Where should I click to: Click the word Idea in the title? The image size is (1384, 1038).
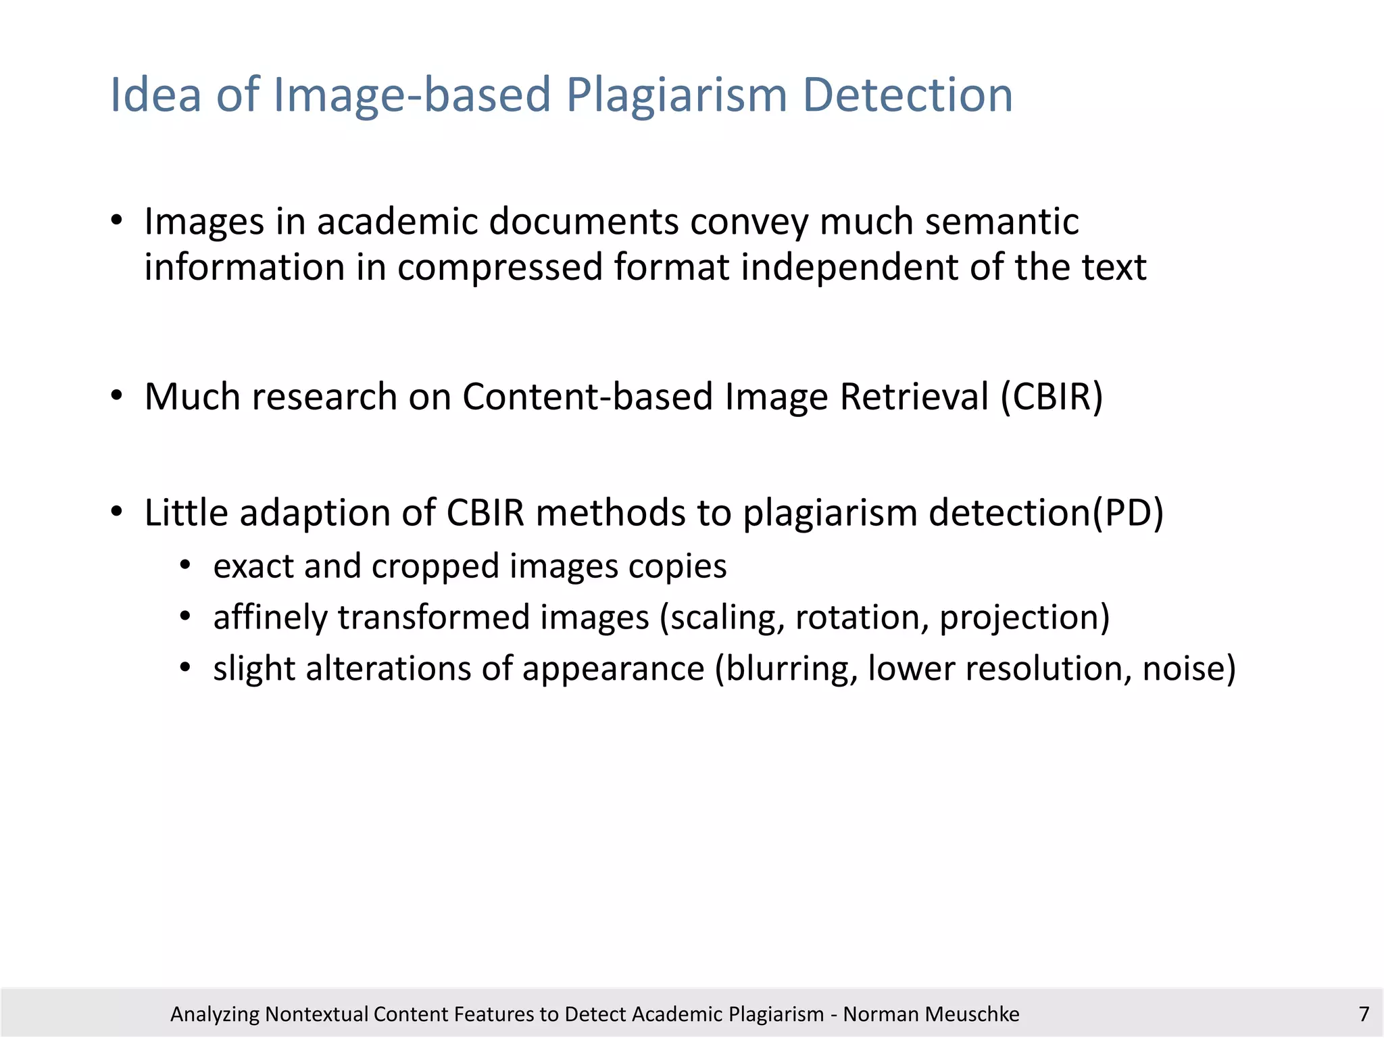tap(155, 95)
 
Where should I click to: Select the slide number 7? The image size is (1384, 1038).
tap(1364, 1014)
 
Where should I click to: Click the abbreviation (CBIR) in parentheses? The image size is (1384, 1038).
tap(1052, 396)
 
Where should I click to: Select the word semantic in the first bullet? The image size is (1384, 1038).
tap(1002, 222)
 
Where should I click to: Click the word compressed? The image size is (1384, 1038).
tap(499, 268)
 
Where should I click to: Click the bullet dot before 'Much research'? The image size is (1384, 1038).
tap(117, 396)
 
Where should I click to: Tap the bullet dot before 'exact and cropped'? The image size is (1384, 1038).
tap(185, 566)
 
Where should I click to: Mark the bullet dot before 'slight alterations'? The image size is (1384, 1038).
tap(185, 668)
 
